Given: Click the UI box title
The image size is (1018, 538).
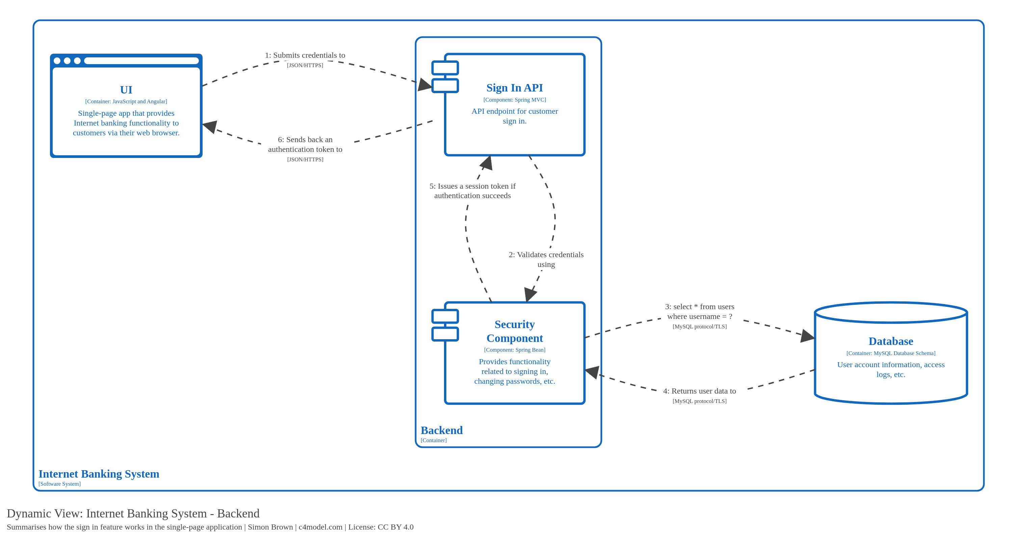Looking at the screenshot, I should coord(126,90).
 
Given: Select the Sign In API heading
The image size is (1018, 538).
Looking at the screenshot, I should coord(514,88).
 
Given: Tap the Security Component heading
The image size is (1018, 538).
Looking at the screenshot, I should coord(514,331).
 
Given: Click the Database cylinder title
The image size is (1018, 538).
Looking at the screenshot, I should coord(890,341).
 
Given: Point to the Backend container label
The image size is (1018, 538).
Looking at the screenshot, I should coord(441,430).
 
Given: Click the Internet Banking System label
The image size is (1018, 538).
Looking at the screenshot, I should coord(99,474).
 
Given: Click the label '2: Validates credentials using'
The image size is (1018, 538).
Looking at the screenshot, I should coord(546,259).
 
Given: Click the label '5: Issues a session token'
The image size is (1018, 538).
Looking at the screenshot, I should coord(472,190).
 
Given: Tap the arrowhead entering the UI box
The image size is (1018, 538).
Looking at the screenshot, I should coord(210,127).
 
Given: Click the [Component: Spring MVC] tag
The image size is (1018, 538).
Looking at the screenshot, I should coord(514,100).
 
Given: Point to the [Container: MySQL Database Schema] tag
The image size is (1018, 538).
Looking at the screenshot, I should coord(890,353).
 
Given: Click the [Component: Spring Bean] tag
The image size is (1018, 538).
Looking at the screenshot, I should coord(514,350).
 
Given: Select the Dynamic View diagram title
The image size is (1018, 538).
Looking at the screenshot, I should coord(133,513).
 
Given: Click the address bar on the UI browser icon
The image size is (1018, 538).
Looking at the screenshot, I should coord(141,61).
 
